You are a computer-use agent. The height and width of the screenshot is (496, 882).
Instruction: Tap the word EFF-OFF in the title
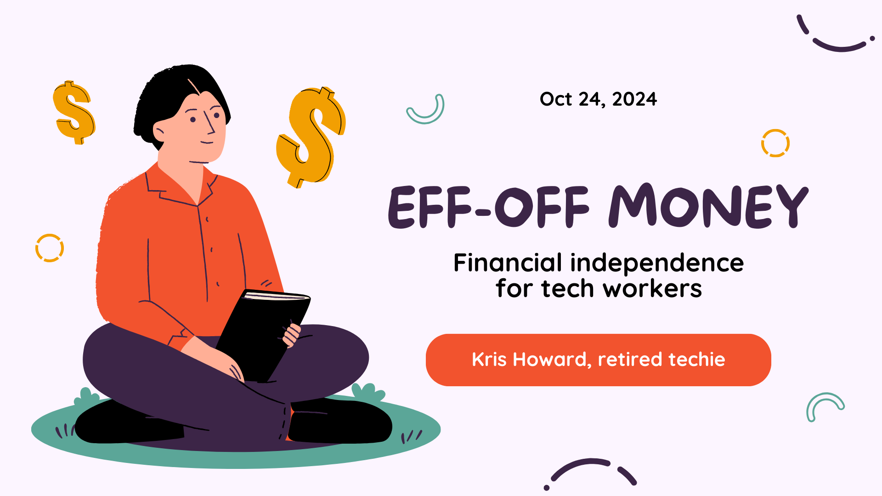point(489,207)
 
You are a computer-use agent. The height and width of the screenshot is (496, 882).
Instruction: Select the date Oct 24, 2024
point(598,99)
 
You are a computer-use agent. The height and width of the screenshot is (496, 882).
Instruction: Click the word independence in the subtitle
point(657,263)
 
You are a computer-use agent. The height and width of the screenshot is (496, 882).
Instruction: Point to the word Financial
point(508,263)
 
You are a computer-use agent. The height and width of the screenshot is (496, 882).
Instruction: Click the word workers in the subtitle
point(652,289)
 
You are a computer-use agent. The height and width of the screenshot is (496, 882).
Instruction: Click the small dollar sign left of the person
point(73,113)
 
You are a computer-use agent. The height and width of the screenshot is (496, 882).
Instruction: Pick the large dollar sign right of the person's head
point(311,137)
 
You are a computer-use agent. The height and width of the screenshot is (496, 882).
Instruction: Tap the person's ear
point(158,133)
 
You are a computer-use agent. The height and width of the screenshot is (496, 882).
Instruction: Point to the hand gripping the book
point(291,334)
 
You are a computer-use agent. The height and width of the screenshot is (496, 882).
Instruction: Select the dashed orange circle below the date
point(775,143)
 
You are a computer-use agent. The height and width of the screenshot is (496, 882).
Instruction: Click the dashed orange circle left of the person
point(50,248)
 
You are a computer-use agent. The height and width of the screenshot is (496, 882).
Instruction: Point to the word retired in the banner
point(629,359)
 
